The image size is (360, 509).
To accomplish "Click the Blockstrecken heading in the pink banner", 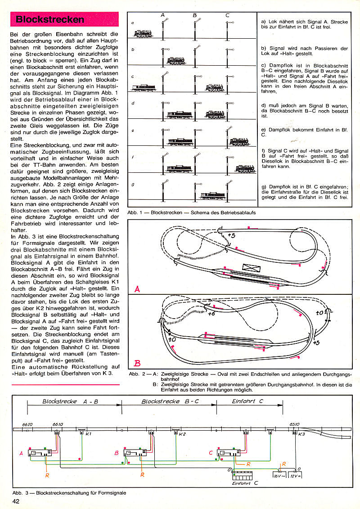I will coord(49,19).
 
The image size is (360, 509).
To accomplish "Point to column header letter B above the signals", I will coord(195,15).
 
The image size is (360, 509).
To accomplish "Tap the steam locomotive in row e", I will coord(241,142).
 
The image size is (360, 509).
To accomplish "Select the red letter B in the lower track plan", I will coord(138,363).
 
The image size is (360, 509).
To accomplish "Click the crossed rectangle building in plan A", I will coord(249,267).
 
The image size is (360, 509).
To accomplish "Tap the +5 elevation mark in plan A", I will coord(232,235).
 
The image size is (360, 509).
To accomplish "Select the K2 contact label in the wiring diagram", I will coord(182,434).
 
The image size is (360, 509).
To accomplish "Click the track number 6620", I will coord(28,424).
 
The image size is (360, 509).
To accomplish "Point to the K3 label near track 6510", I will coord(301,434).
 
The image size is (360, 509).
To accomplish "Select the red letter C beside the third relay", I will coord(211,452).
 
